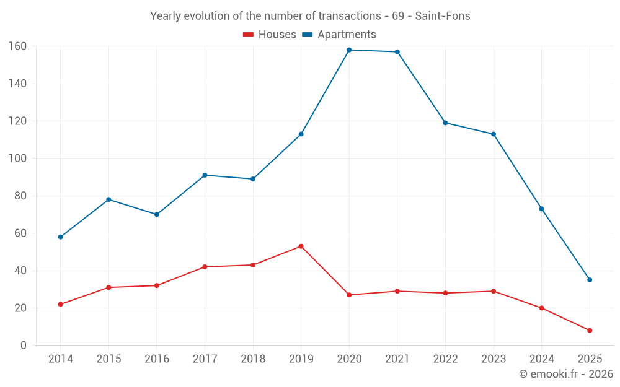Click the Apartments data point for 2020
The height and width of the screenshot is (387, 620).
(x=349, y=50)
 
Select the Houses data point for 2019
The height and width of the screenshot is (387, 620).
(x=301, y=246)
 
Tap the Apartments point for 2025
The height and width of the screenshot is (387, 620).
(x=590, y=280)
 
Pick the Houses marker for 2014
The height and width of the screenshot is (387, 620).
(x=60, y=305)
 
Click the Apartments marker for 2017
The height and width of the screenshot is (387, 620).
(x=205, y=175)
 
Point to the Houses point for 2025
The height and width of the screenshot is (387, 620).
(x=590, y=331)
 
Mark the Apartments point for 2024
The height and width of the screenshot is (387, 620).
(x=541, y=209)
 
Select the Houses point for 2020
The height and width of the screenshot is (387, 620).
(x=349, y=295)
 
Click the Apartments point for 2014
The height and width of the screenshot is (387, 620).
(x=60, y=237)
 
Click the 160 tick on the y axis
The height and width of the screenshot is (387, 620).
(x=17, y=46)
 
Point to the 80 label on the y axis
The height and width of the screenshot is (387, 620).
(x=20, y=196)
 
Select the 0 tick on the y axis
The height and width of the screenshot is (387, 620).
(x=23, y=346)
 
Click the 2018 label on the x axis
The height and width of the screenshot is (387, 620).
(x=253, y=359)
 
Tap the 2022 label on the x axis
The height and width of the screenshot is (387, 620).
(x=445, y=359)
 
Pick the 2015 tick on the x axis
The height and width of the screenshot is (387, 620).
(x=108, y=359)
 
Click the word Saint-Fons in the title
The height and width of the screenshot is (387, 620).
(x=443, y=16)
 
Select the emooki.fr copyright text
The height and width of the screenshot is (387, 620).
(x=565, y=374)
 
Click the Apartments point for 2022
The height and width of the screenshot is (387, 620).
(x=445, y=123)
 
